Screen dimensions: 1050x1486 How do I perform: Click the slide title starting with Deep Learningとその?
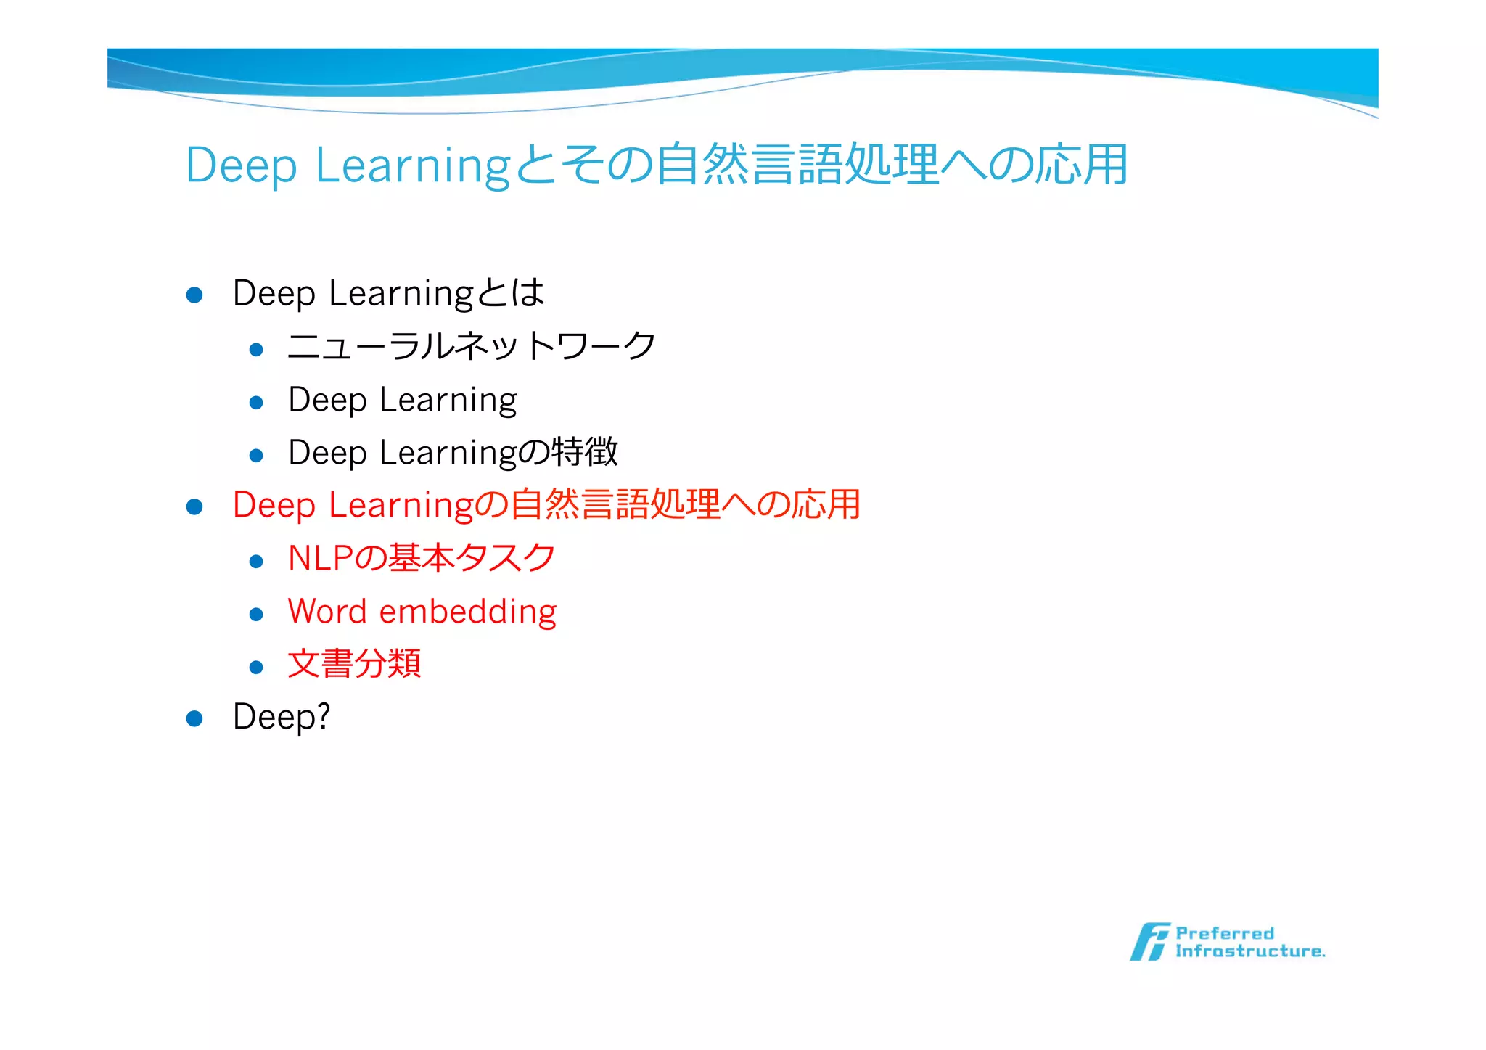[656, 165]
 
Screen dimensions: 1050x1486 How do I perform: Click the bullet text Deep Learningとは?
[388, 293]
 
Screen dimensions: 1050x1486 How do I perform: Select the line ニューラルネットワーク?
[472, 346]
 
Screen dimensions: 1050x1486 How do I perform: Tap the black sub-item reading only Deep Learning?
[403, 400]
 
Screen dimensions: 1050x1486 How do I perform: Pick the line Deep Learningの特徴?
[453, 452]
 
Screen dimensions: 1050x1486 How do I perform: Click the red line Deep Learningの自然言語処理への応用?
[546, 505]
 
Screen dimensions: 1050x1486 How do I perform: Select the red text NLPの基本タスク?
[422, 558]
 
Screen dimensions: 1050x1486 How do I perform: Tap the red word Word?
[327, 612]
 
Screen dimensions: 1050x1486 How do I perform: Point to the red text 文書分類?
[354, 664]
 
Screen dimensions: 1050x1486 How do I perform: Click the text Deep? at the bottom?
[282, 717]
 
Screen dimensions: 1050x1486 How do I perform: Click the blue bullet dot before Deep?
[194, 718]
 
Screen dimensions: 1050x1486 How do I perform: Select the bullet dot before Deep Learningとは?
[194, 295]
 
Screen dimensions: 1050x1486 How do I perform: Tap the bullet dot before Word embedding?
[255, 615]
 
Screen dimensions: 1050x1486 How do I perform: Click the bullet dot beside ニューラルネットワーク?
[255, 350]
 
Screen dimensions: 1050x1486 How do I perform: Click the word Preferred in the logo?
[1224, 933]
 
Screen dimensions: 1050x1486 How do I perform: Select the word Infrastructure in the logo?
[1249, 951]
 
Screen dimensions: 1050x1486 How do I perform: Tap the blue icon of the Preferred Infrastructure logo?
[1149, 942]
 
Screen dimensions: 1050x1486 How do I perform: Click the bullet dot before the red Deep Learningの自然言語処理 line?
[194, 506]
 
